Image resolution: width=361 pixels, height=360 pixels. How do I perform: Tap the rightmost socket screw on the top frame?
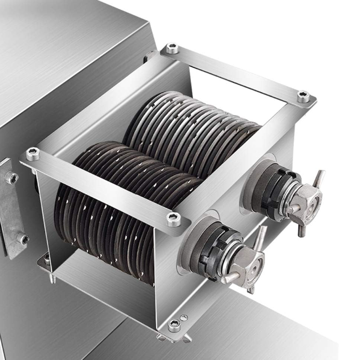point(303,96)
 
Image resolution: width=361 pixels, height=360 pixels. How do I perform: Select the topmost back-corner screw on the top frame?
point(172,49)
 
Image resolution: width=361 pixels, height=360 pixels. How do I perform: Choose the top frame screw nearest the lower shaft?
point(174,218)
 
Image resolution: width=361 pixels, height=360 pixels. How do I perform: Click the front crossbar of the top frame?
point(103,186)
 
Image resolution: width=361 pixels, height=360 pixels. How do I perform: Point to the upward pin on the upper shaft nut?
point(319,179)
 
